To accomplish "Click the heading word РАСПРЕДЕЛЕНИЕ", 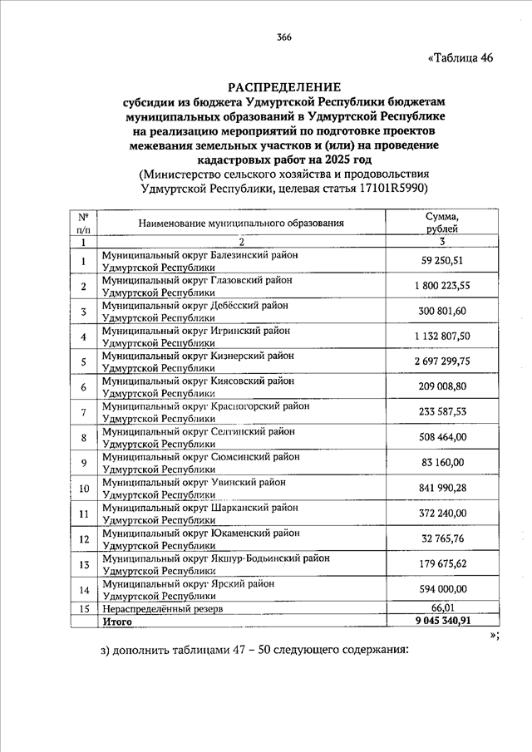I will [x=283, y=86].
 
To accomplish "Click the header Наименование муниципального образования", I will [x=241, y=224].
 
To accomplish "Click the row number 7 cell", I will [x=84, y=413].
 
